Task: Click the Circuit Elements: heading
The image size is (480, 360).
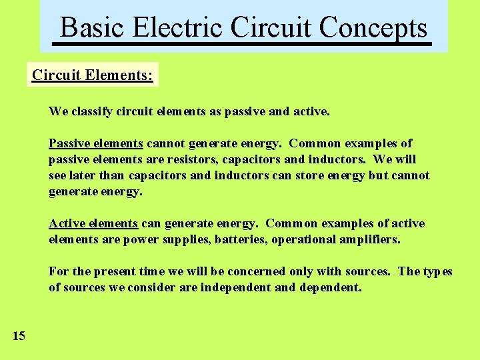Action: [93, 75]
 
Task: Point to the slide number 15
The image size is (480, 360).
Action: [19, 336]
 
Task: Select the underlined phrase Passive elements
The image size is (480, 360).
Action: [95, 143]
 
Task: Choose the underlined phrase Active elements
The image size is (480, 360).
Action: [93, 223]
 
